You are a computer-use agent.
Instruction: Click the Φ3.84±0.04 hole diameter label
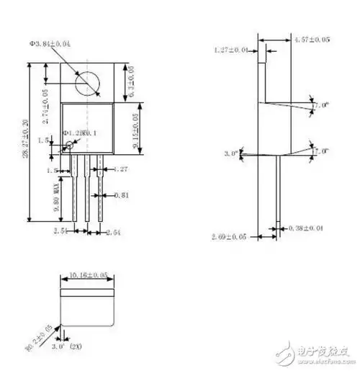50,45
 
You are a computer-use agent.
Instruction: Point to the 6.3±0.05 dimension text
131,81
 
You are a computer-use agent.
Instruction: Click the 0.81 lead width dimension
121,195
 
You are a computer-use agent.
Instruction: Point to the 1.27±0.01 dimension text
231,50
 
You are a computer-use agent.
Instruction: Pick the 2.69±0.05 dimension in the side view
229,236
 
